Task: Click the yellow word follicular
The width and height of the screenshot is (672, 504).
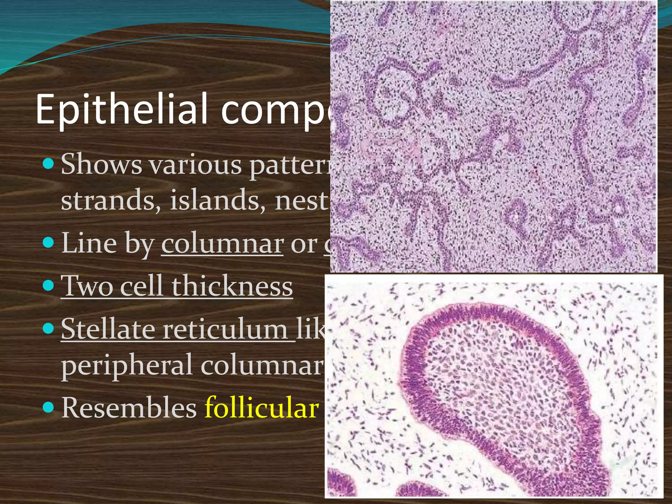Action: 262,408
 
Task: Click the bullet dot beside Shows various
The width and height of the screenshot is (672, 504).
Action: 48,163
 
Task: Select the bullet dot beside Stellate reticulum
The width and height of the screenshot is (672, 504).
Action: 48,328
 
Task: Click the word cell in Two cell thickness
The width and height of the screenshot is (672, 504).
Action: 141,286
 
